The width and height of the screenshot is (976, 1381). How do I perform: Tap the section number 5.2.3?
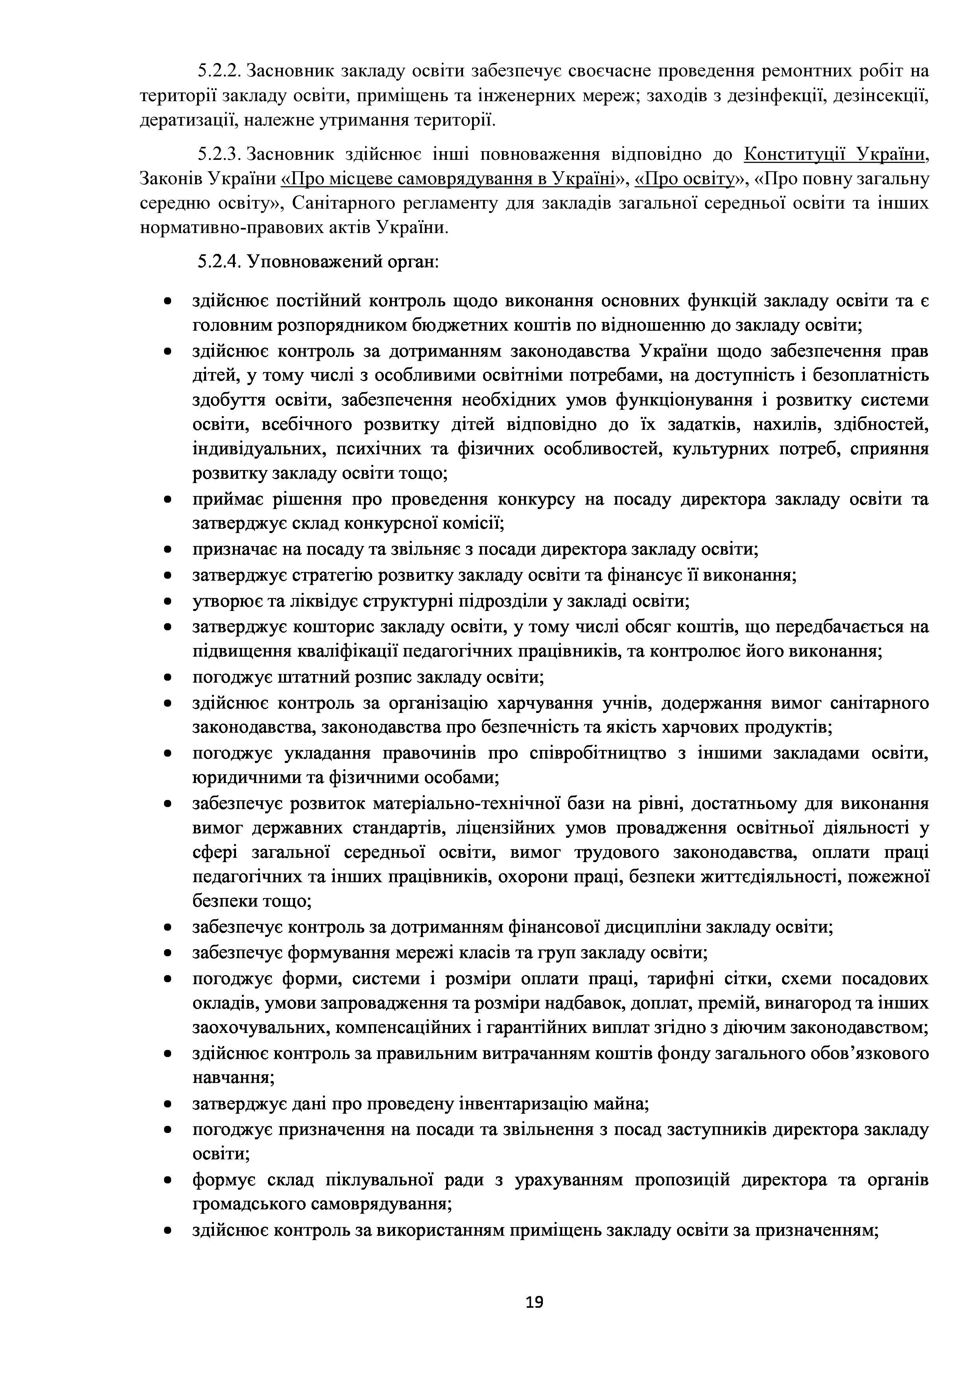coord(219,155)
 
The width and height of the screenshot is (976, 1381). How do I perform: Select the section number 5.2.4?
coord(219,262)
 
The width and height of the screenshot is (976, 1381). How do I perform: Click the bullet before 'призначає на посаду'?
coord(169,550)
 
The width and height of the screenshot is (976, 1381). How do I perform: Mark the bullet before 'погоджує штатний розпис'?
coord(169,678)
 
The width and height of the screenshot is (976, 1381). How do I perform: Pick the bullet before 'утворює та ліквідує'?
coord(169,601)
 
